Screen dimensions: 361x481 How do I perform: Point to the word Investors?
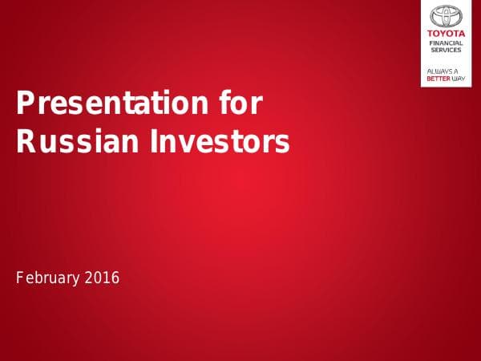click(217, 142)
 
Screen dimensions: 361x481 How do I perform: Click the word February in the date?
click(47, 278)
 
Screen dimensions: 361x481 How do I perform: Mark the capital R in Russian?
click(26, 142)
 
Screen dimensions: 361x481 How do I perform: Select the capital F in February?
click(20, 278)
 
